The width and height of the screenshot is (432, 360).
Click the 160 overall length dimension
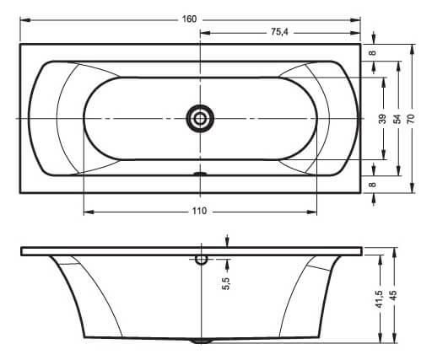189,19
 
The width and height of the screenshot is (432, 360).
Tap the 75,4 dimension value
279,32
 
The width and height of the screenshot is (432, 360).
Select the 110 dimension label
199,211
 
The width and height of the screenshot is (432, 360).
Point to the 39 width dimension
382,119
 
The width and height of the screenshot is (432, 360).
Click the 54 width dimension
397,119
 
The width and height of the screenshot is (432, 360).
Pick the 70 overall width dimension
411,119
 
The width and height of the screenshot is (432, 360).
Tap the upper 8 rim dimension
373,52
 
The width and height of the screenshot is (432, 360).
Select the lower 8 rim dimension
373,185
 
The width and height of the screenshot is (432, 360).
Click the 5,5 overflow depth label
226,283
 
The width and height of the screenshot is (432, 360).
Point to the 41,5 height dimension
380,299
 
